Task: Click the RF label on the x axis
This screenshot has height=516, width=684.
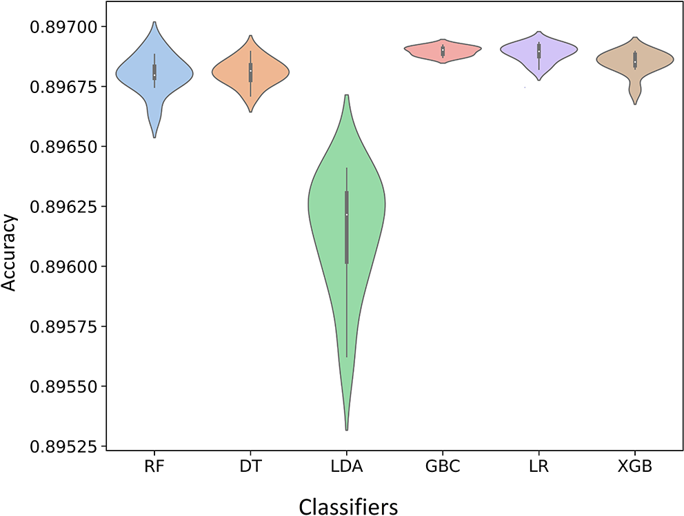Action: pos(154,468)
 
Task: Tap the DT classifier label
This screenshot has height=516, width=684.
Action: pos(250,468)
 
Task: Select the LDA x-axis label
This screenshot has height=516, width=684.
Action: pos(346,468)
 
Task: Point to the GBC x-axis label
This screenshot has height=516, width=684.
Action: pos(443,468)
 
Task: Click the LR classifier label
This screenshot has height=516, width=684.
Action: pos(539,468)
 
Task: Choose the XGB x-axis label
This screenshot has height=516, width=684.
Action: pos(634,468)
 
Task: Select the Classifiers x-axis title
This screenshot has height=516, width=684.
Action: pos(348,507)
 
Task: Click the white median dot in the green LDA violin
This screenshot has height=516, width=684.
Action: pos(347,214)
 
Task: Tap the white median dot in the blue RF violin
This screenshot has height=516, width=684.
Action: pos(154,75)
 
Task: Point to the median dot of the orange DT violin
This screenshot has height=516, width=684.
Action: pos(250,71)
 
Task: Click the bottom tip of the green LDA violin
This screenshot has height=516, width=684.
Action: pos(347,430)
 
